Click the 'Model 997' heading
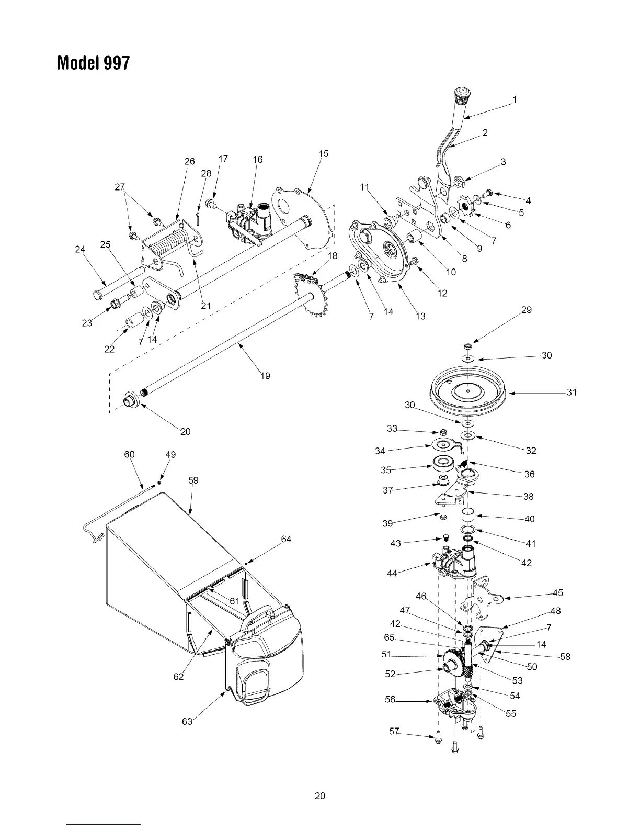coord(94,63)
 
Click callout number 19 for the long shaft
coord(265,376)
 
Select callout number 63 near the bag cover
coord(187,722)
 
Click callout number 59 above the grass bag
coord(193,480)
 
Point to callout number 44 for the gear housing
coord(392,573)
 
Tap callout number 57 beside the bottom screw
coord(394,731)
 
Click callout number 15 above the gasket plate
coord(324,153)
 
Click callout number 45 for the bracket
coord(558,593)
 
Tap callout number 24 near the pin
coord(80,250)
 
